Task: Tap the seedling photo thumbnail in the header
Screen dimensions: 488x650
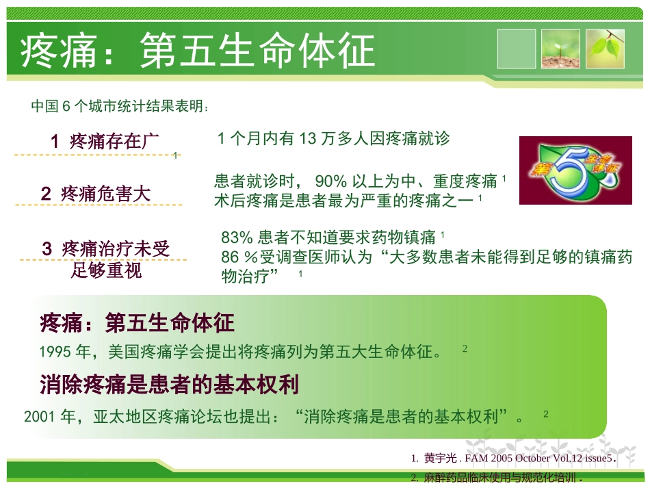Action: click(x=560, y=49)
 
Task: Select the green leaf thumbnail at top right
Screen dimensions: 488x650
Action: click(x=605, y=49)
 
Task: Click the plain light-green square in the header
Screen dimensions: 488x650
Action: click(x=517, y=49)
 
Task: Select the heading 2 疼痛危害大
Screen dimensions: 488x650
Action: click(x=95, y=194)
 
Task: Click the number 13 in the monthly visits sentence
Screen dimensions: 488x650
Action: click(x=309, y=139)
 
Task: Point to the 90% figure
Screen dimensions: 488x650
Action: click(x=331, y=181)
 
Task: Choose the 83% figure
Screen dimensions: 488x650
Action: click(x=237, y=237)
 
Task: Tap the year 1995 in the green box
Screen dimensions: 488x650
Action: click(x=55, y=352)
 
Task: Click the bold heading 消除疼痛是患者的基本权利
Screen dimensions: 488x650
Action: click(x=170, y=385)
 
